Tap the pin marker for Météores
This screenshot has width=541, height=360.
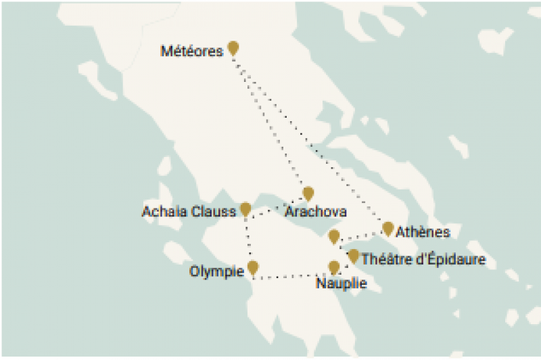pos(233,47)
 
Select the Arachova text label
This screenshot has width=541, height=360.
pos(316,212)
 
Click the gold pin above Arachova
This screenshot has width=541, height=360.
pos(308,194)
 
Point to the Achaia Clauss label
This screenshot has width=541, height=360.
pos(189,212)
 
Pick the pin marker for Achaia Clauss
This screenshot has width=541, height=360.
pos(245,209)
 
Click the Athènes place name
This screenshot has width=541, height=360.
pos(423,233)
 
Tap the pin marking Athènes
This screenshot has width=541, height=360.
pos(388,229)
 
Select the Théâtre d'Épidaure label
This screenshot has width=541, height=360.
pos(423,259)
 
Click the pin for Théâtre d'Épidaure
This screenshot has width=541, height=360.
pos(353,256)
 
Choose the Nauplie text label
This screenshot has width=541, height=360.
pos(342,284)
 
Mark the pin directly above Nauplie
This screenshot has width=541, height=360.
pos(333,267)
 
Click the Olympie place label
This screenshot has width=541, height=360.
pos(216,272)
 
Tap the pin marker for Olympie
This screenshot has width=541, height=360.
pos(253,267)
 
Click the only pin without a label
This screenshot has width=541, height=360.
pos(333,236)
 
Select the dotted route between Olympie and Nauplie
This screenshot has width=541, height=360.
pos(291,276)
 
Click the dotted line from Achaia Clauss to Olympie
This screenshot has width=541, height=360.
pos(248,240)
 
